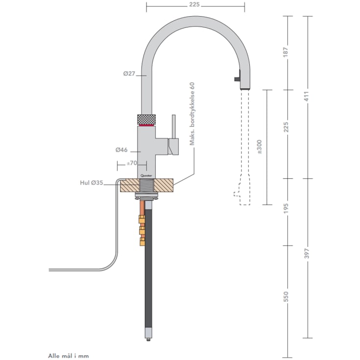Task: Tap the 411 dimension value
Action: [309, 97]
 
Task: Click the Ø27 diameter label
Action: [129, 74]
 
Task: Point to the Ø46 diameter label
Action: [121, 150]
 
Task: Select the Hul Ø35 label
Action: [92, 183]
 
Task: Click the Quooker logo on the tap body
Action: [146, 173]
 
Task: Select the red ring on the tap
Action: [146, 125]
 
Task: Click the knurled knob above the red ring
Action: [146, 119]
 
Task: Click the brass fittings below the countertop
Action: [142, 229]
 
